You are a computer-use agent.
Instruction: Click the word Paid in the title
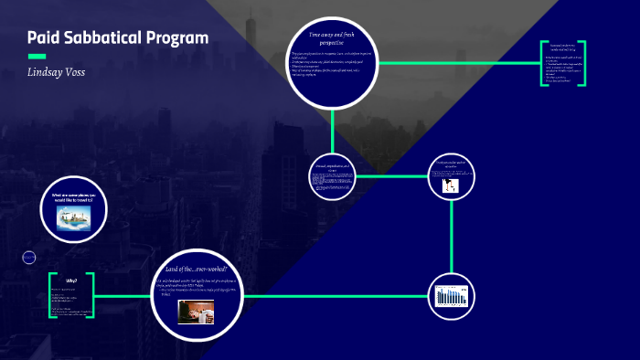[43, 37]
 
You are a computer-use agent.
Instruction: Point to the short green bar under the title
[37, 56]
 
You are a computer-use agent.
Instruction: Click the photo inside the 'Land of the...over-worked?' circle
[195, 312]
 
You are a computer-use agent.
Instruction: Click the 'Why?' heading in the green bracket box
[71, 281]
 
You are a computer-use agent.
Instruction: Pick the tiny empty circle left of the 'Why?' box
[28, 259]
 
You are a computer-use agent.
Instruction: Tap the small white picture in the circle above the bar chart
[451, 185]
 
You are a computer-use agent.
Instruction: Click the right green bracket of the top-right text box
[582, 64]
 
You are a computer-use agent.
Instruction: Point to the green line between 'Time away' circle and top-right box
[457, 63]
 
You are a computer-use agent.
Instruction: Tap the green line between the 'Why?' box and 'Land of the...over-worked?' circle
[123, 296]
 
